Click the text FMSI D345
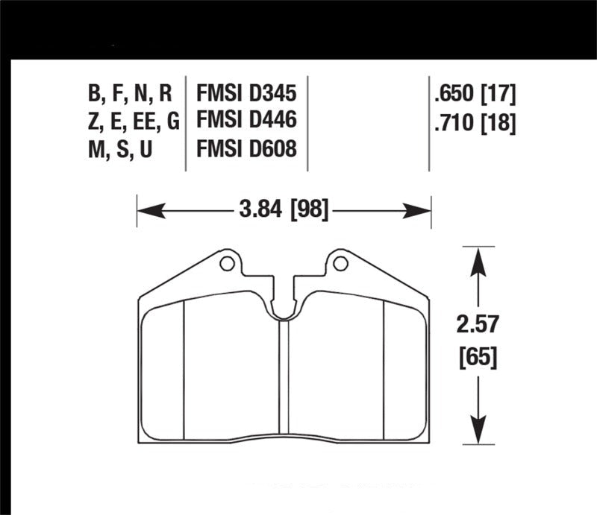coord(246,94)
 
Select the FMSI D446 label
coord(246,121)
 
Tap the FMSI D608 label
coord(246,149)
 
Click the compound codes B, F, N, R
coord(130,94)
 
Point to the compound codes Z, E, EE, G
coord(133,121)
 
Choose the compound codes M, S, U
coord(120,149)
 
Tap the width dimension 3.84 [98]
coord(284,212)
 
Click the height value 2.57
coord(478,326)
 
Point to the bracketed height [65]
coord(478,358)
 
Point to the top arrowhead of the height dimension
coord(478,258)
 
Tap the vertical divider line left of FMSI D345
coord(185,121)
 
